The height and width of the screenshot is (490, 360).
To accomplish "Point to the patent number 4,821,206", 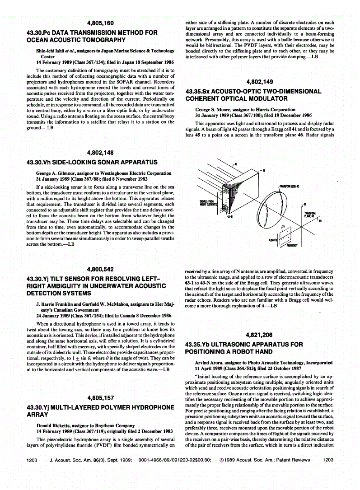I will (260, 335).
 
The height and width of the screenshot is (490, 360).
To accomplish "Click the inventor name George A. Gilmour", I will (57, 173).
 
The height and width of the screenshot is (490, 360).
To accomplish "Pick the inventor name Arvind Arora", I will (211, 362).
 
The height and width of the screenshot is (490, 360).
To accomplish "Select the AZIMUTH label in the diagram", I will (273, 241).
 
